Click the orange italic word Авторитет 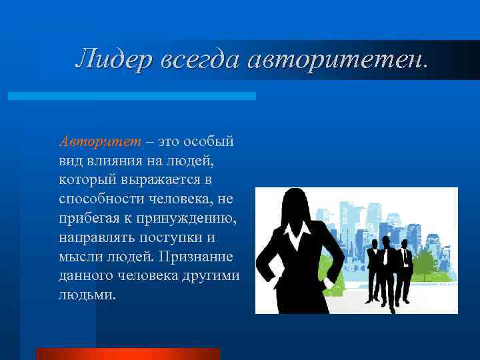tap(99, 141)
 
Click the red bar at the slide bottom tap(127, 353)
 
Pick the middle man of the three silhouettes tap(388, 267)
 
